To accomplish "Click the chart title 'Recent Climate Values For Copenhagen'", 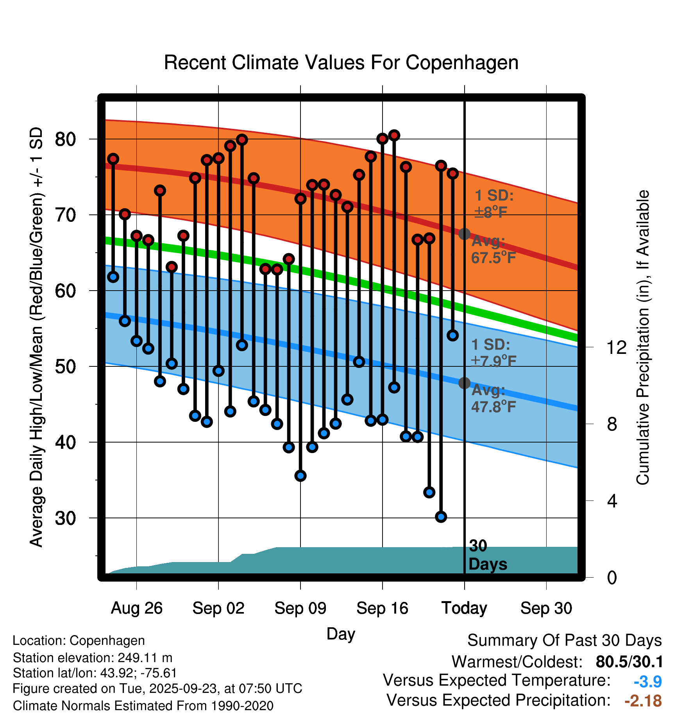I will pos(341,62).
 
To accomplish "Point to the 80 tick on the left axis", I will pos(65,139).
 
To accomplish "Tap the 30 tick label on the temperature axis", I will pos(65,518).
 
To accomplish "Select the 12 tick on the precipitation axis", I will pos(617,347).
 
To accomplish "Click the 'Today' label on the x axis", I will pos(464,608).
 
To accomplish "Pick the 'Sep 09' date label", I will pos(300,608).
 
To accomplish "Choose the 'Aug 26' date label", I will pos(136,608).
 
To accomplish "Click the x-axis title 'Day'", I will pos(341,634).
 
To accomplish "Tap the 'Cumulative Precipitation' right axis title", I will pos(643,337).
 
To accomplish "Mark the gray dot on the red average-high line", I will pos(464,234).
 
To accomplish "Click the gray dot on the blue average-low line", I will pos(464,383).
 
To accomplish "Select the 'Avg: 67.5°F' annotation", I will pos(493,250).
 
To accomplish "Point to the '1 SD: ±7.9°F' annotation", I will pos(493,353).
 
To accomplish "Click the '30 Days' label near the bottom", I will pos(487,555).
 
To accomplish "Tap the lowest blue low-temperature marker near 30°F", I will pos(441,517).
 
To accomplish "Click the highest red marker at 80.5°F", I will pos(394,136).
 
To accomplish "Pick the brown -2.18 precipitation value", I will pos(643,701).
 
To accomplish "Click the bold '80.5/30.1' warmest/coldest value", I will pos(629,662).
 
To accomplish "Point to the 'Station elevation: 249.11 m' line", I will pos(93,658).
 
